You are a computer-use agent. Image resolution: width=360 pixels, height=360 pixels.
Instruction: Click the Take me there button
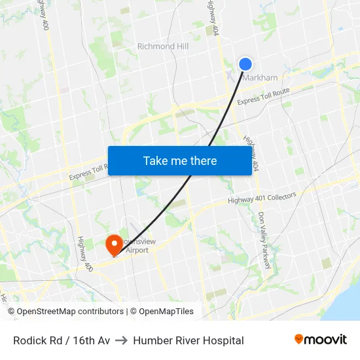180,160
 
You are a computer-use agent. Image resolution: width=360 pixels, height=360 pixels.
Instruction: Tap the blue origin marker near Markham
245,63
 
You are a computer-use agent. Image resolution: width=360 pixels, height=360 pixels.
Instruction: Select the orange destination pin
113,245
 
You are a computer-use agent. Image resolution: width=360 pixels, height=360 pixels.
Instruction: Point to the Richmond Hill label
163,46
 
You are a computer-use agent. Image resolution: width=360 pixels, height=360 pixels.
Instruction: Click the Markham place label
261,78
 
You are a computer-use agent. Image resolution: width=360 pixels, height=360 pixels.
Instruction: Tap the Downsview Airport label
137,245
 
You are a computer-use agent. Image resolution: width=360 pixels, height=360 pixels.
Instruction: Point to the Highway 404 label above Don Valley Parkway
252,154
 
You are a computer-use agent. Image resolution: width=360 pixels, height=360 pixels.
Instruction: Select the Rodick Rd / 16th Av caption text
62,340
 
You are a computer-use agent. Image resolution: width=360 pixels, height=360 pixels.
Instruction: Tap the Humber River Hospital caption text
189,340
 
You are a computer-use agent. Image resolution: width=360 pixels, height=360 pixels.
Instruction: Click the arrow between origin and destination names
122,340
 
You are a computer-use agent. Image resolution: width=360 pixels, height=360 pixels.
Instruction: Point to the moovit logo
321,339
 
